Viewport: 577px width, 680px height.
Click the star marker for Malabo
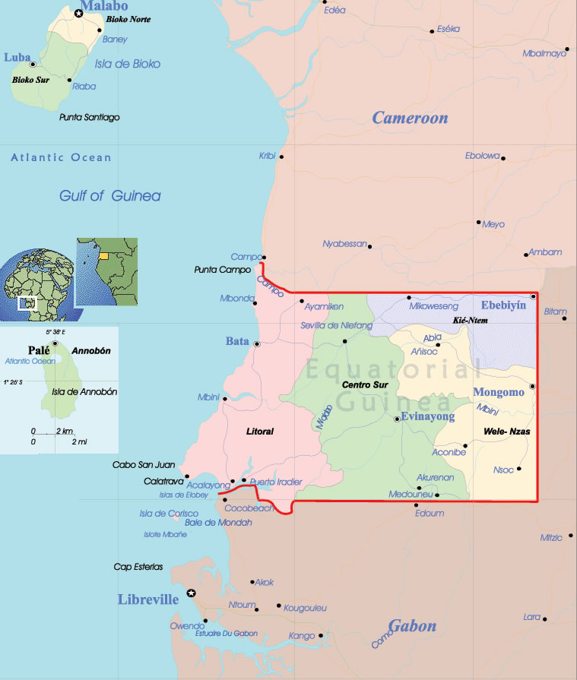pyautogui.click(x=78, y=14)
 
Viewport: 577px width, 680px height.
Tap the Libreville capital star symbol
pyautogui.click(x=191, y=593)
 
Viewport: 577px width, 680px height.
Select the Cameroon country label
pyautogui.click(x=410, y=118)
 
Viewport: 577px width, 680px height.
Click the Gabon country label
pyautogui.click(x=412, y=626)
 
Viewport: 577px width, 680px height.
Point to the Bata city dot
pyautogui.click(x=257, y=344)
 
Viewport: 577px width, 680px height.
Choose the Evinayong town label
pyautogui.click(x=427, y=416)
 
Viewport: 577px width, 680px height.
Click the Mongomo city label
pyautogui.click(x=499, y=392)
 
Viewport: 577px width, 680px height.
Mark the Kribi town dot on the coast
pyautogui.click(x=281, y=157)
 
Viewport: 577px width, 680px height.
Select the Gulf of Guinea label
pyautogui.click(x=110, y=196)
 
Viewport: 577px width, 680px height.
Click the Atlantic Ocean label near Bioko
pyautogui.click(x=61, y=157)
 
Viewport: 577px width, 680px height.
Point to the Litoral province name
pyautogui.click(x=260, y=432)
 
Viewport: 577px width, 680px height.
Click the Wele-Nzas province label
pyautogui.click(x=506, y=432)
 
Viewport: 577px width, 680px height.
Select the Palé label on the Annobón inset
pyautogui.click(x=38, y=350)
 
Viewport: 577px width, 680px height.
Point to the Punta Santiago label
pyautogui.click(x=90, y=118)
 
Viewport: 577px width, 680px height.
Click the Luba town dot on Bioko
pyautogui.click(x=33, y=65)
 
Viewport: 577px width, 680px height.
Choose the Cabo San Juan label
pyautogui.click(x=144, y=465)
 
